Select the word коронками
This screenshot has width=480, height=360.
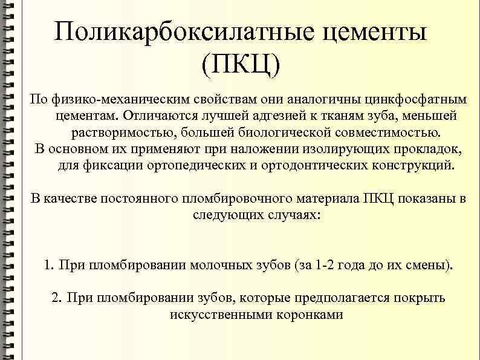(310, 315)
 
